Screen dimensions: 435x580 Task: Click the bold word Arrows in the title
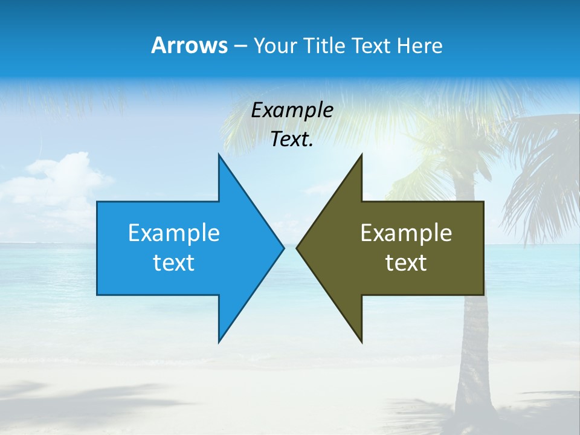(x=189, y=45)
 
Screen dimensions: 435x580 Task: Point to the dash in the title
(x=240, y=46)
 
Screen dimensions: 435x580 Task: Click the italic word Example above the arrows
(x=292, y=110)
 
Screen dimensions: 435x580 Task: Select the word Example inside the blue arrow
(x=174, y=233)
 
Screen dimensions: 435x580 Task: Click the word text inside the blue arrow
(x=174, y=263)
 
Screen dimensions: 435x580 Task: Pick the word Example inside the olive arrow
(x=406, y=233)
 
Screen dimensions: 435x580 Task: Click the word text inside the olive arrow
(x=406, y=263)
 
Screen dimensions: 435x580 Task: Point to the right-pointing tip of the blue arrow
(x=283, y=248)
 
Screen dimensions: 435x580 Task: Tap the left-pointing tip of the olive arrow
(x=297, y=248)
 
